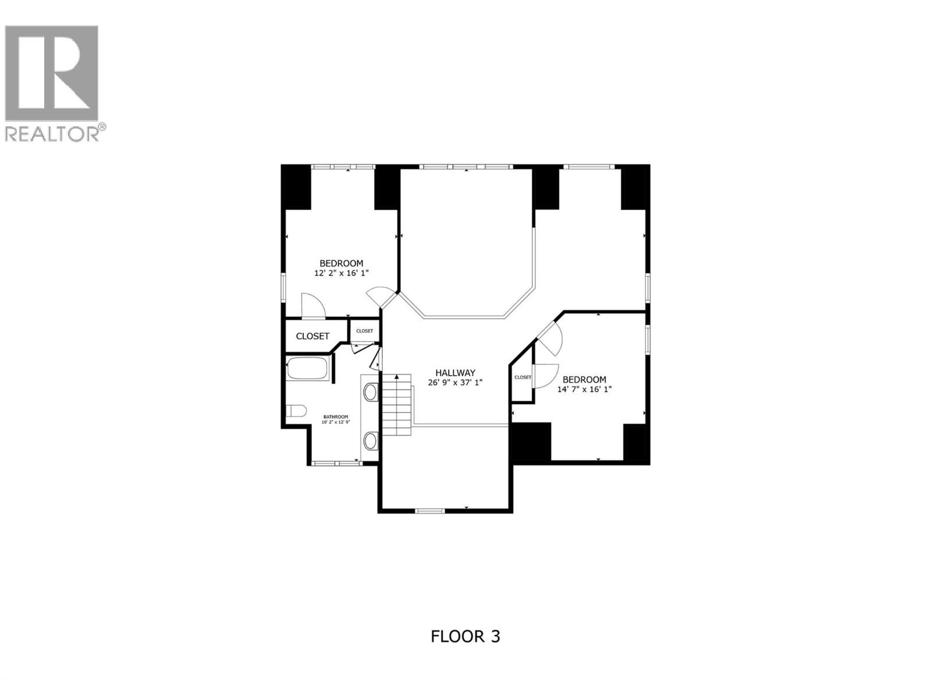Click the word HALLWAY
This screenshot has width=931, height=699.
pyautogui.click(x=455, y=373)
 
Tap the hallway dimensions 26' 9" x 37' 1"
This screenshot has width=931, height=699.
pyautogui.click(x=455, y=382)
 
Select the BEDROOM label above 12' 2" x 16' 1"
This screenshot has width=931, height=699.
pyautogui.click(x=341, y=263)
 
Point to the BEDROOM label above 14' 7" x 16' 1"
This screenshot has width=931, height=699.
pyautogui.click(x=584, y=379)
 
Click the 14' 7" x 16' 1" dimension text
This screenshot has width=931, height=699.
pyautogui.click(x=584, y=389)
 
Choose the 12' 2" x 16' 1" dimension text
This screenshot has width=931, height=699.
pyautogui.click(x=341, y=273)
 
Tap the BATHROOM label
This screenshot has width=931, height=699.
pyautogui.click(x=336, y=416)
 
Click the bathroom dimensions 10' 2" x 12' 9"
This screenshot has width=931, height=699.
pyautogui.click(x=336, y=422)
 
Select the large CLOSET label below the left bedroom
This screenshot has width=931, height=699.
pyautogui.click(x=312, y=336)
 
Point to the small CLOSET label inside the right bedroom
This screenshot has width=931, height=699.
pyautogui.click(x=523, y=377)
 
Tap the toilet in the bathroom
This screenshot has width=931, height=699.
pyautogui.click(x=296, y=411)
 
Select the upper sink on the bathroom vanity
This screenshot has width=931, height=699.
pyautogui.click(x=371, y=391)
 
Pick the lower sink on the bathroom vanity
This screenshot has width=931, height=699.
pyautogui.click(x=371, y=440)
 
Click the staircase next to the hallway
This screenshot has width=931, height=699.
pyautogui.click(x=397, y=405)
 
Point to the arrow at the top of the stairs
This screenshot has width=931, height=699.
pyautogui.click(x=397, y=377)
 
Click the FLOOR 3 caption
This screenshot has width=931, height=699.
pyautogui.click(x=465, y=648)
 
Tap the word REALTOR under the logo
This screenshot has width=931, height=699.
pyautogui.click(x=51, y=133)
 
